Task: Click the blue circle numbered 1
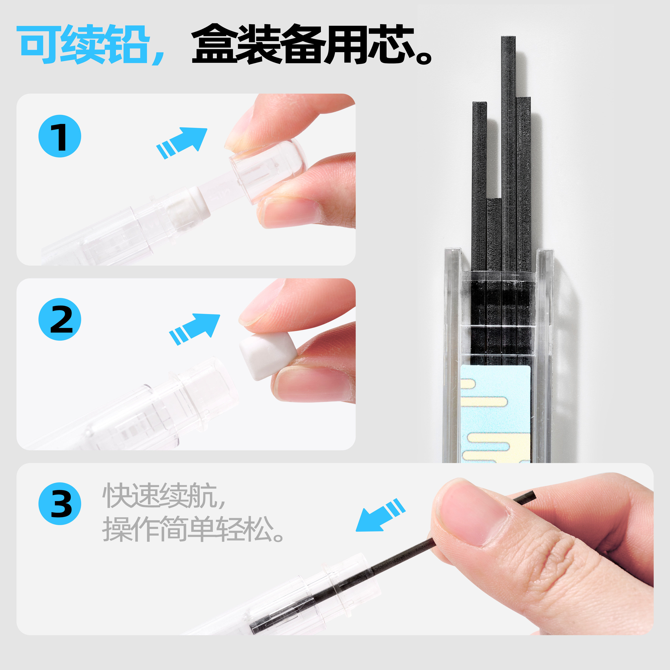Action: [x=60, y=136]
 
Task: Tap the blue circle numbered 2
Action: [x=60, y=319]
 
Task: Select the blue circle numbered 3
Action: [x=60, y=504]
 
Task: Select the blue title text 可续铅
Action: [x=84, y=44]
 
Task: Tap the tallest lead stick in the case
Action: [x=508, y=153]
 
